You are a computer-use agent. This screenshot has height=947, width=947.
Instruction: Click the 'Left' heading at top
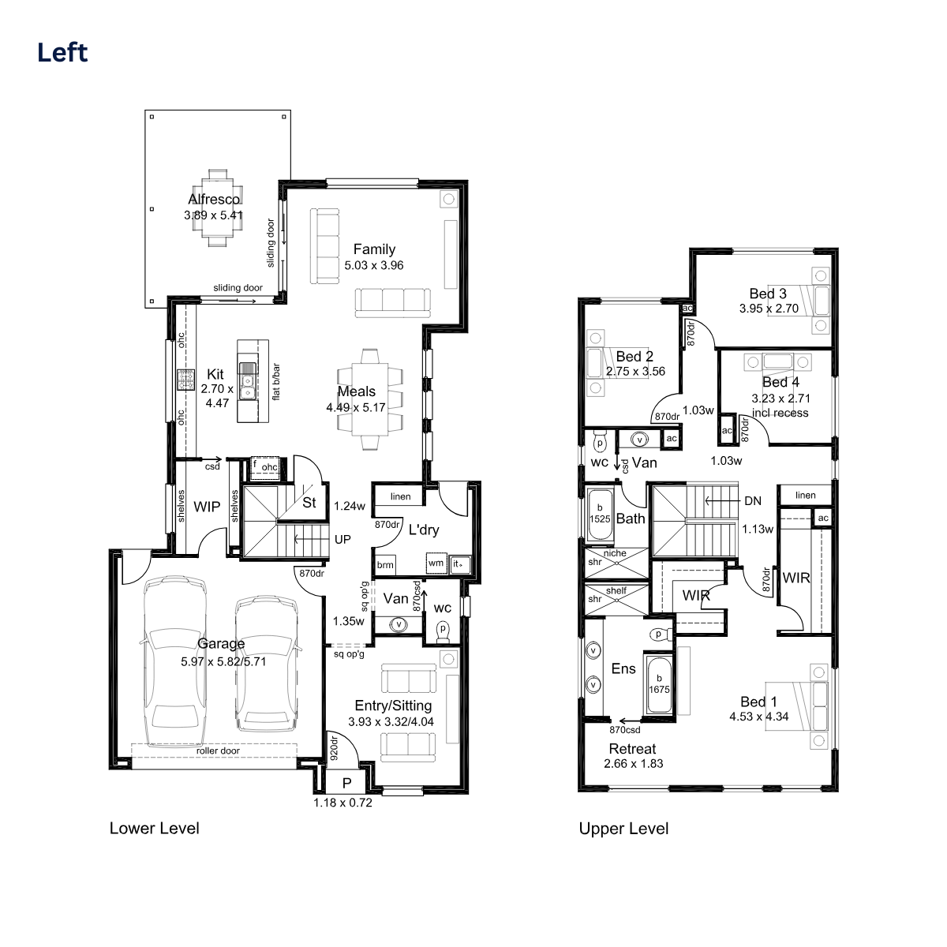[x=62, y=53]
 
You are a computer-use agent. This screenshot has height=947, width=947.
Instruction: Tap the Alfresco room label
[x=214, y=199]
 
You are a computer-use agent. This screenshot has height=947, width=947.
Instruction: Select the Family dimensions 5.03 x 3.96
[x=373, y=265]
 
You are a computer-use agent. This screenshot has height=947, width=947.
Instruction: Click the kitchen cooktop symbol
[x=185, y=380]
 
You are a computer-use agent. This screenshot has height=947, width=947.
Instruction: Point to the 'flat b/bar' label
[x=275, y=382]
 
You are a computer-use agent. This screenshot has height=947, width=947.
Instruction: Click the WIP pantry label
[x=207, y=507]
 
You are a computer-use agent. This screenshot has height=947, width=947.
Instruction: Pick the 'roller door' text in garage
[x=218, y=751]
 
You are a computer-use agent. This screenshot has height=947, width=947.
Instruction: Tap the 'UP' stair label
[x=342, y=540]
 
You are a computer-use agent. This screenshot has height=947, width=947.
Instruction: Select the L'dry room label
[x=424, y=530]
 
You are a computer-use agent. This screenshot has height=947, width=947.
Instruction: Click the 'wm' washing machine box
[x=436, y=563]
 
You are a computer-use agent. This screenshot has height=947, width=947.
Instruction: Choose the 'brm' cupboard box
[x=385, y=565]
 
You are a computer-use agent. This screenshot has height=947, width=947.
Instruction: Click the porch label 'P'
[x=347, y=784]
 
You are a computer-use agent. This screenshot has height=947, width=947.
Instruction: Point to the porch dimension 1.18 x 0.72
[x=343, y=803]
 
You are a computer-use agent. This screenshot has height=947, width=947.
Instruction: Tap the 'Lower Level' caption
[x=155, y=828]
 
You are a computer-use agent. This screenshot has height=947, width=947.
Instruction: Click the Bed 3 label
[x=768, y=294]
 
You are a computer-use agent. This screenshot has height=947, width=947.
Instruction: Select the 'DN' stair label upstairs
[x=753, y=501]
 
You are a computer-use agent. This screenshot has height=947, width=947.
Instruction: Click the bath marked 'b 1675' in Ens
[x=659, y=684]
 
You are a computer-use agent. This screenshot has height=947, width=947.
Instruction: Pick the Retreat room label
[x=632, y=748]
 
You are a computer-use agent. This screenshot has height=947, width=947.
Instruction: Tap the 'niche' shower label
[x=615, y=553]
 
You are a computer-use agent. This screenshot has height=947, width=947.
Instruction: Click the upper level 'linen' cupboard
[x=806, y=495]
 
